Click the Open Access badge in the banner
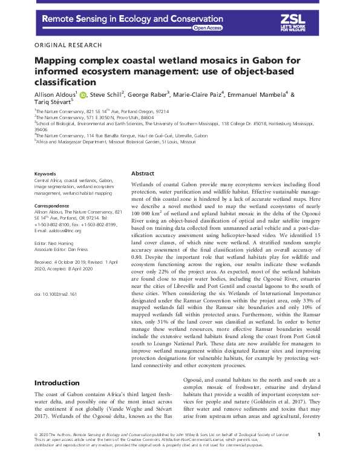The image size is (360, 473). [x=208, y=28]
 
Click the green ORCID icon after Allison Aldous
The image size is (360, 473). [x=83, y=94]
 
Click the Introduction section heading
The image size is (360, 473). [x=57, y=383]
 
